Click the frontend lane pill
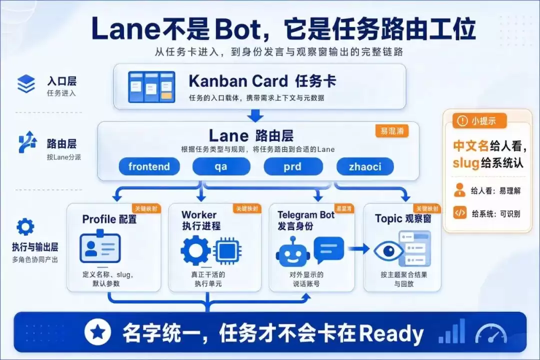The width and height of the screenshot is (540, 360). (149, 166)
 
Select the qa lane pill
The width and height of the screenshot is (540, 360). (221, 166)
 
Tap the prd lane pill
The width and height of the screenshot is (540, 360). (293, 166)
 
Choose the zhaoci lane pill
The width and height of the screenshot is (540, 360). (365, 166)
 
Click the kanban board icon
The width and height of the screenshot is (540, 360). (151, 87)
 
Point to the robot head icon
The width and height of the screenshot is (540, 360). (292, 252)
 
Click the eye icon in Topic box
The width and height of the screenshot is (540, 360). (388, 251)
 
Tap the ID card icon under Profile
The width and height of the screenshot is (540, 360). (100, 246)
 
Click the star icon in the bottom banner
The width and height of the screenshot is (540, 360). (98, 332)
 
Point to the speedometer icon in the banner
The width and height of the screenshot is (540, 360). (491, 333)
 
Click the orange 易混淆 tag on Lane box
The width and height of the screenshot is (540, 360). (392, 131)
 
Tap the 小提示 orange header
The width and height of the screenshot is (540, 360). (479, 121)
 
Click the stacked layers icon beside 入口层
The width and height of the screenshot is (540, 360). (26, 83)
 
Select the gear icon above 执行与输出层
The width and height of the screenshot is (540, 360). (25, 227)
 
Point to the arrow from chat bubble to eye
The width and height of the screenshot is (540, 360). (358, 248)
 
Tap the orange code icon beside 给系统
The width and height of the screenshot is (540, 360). (460, 213)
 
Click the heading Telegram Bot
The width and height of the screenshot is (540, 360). (306, 215)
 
